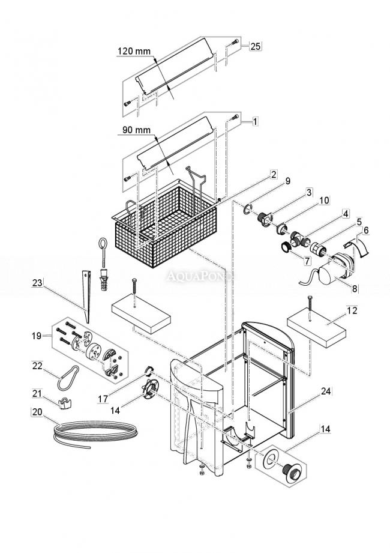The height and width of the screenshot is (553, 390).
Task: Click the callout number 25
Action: pyautogui.click(x=255, y=47)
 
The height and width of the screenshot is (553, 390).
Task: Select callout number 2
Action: pyautogui.click(x=273, y=175)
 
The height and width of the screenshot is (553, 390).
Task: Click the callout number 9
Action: pyautogui.click(x=287, y=181)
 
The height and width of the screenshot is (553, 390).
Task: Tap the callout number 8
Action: pyautogui.click(x=355, y=288)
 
